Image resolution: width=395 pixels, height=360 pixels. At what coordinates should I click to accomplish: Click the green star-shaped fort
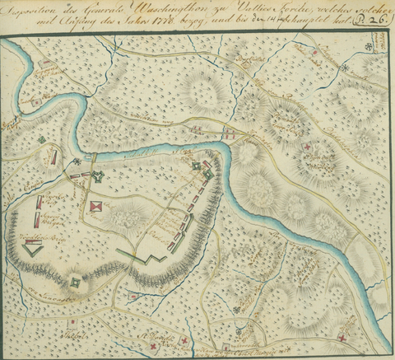(x=98, y=175)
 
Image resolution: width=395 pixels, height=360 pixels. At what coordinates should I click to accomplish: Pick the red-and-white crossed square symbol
(x=98, y=206)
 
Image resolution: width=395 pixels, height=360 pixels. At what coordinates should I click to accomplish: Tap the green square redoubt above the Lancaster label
(x=76, y=283)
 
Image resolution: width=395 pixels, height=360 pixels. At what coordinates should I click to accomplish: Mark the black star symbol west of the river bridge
(x=77, y=161)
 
